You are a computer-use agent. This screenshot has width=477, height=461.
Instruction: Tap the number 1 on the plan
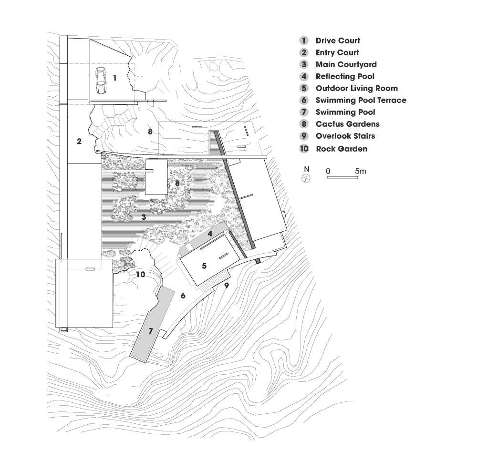click(x=114, y=78)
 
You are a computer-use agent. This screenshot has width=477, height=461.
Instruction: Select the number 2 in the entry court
click(x=79, y=141)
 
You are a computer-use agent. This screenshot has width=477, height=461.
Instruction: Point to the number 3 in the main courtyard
click(x=144, y=217)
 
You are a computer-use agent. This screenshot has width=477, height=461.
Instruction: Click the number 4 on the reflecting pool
click(x=210, y=234)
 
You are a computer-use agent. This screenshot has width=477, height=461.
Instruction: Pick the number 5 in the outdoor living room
click(x=205, y=266)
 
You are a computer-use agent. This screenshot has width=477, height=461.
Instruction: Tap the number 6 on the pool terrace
click(x=183, y=295)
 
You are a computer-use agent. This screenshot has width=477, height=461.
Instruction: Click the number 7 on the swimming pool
click(x=151, y=330)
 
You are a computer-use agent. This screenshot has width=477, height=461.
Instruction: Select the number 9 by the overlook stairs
click(x=227, y=286)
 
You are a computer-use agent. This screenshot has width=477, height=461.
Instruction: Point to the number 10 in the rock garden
click(x=141, y=274)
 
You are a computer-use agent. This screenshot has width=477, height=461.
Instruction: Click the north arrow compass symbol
click(x=306, y=178)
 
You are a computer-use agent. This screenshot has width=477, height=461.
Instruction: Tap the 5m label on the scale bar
click(x=361, y=171)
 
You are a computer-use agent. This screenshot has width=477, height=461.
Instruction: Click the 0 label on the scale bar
click(x=328, y=171)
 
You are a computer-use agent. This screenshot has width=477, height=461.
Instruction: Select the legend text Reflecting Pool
click(x=345, y=76)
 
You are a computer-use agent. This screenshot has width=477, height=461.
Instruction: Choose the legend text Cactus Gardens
click(x=348, y=124)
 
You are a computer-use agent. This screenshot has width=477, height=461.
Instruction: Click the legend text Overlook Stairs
click(x=345, y=136)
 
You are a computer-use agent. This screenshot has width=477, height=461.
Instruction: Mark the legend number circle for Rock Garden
click(x=304, y=149)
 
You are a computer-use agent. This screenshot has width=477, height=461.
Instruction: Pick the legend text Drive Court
click(x=338, y=41)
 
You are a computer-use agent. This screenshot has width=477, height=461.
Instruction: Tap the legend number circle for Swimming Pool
click(x=303, y=112)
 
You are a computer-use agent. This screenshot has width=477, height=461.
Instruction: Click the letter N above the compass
click(x=307, y=169)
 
